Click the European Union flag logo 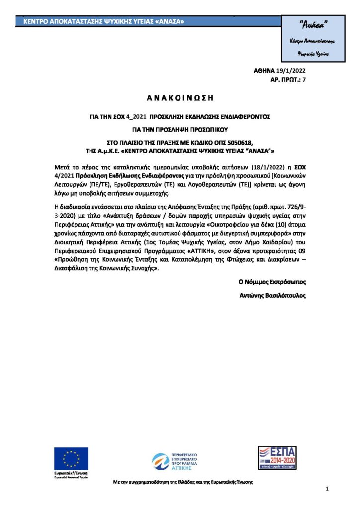coord(71,458)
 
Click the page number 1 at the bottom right coord(328,490)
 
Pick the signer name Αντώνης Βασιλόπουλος coord(272,295)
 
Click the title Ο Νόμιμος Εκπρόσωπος coord(272,282)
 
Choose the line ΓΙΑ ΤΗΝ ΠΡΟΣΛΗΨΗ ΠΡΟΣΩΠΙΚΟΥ coord(180,129)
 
